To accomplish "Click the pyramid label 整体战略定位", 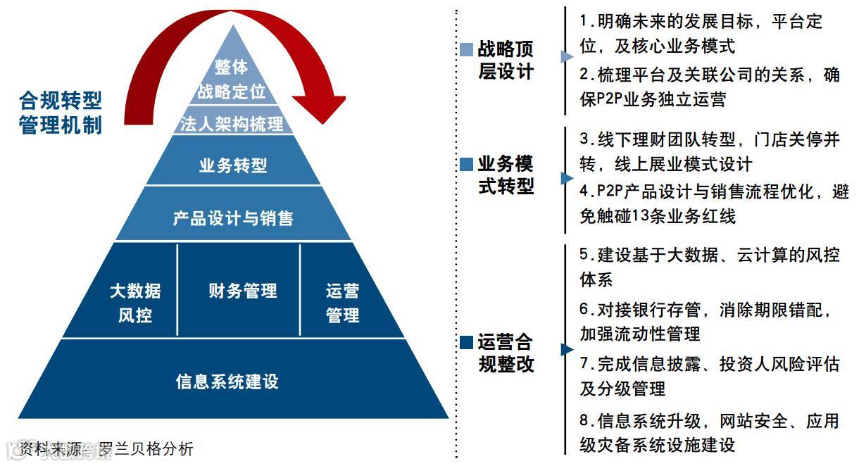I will [x=232, y=79].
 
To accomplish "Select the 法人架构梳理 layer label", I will [x=232, y=124].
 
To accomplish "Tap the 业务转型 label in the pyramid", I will [x=233, y=166].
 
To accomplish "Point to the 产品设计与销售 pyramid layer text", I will [x=233, y=218].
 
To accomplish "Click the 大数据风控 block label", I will [x=135, y=302].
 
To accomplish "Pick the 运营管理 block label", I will [x=343, y=303].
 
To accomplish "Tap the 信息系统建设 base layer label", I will [x=227, y=381].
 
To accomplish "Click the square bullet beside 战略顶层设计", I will [x=466, y=50].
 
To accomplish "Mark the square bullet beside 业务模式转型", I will [x=466, y=165].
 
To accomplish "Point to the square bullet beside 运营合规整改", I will [x=466, y=343].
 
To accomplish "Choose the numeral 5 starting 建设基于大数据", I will [x=584, y=254].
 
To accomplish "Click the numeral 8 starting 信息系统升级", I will [x=584, y=421].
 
